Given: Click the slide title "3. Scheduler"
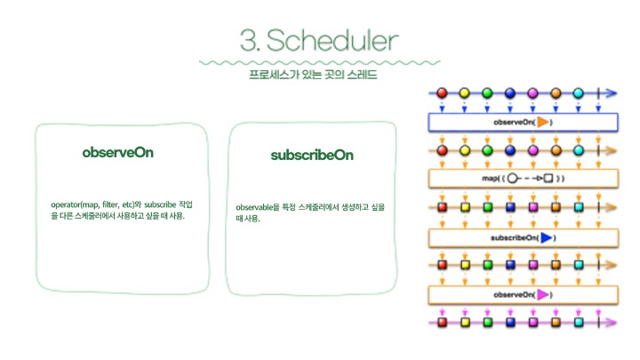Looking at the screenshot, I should click(x=319, y=39).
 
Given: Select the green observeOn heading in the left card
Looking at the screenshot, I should click(x=117, y=152).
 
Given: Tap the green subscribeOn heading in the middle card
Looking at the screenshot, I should click(x=311, y=155).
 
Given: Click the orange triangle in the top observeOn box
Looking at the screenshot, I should click(x=543, y=122).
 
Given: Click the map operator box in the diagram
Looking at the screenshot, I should click(x=522, y=179).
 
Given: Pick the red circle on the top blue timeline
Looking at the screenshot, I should click(x=442, y=93).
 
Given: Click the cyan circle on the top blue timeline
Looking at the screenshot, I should click(x=579, y=93).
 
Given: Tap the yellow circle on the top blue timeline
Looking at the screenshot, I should click(x=465, y=93).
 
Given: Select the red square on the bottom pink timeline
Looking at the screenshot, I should click(x=442, y=322).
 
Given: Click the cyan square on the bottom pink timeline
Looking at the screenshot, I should click(x=579, y=322).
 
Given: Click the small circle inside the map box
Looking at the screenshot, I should click(x=513, y=179).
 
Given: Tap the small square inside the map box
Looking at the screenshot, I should click(x=548, y=179).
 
